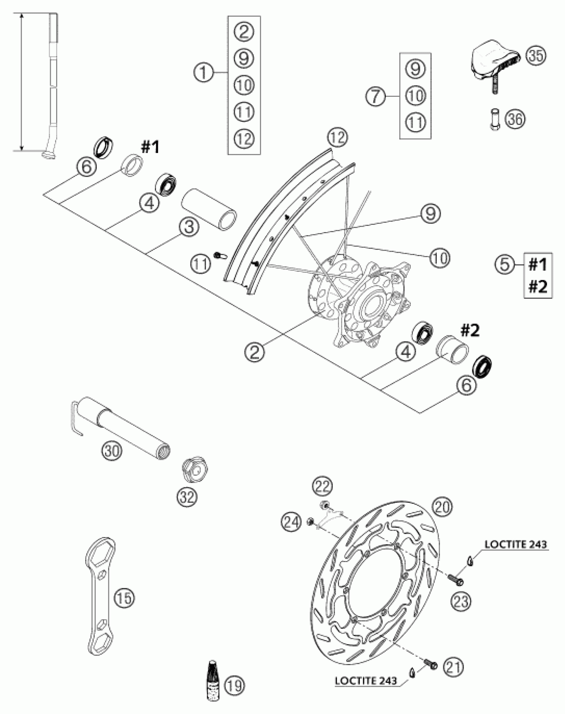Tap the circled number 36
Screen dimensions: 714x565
(x=515, y=119)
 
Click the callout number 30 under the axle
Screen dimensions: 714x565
(x=112, y=451)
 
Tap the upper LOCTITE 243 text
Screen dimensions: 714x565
(x=515, y=544)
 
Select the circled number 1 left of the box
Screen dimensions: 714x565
(x=204, y=72)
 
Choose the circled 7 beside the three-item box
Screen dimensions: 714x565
(x=376, y=96)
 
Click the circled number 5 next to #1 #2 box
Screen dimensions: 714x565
(x=505, y=264)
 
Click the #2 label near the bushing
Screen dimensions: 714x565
(x=470, y=331)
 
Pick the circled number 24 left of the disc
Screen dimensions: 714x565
(x=291, y=521)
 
